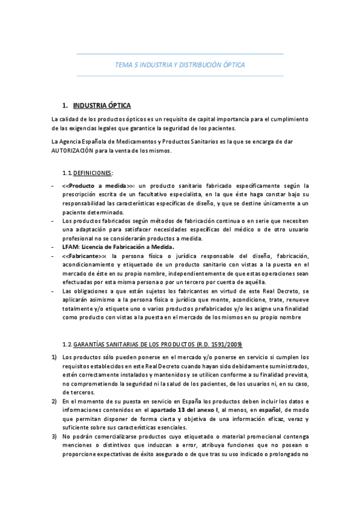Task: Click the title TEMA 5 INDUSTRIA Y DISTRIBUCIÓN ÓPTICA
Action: click(180, 64)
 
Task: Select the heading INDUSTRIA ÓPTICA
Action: click(101, 105)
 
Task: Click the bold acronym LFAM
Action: click(71, 247)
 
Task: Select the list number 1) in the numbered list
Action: click(54, 357)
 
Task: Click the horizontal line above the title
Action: click(180, 54)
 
